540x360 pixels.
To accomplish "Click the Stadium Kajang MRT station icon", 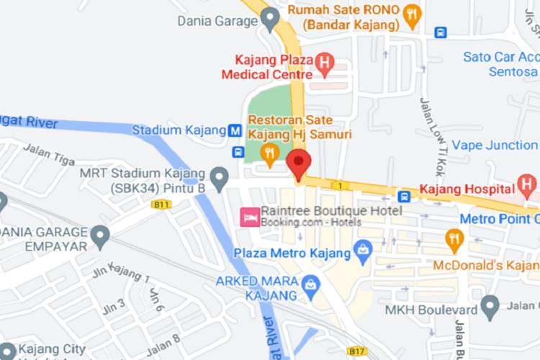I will click(x=235, y=131).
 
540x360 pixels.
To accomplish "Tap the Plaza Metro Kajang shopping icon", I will click(x=362, y=253).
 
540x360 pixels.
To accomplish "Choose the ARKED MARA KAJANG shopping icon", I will click(x=311, y=284).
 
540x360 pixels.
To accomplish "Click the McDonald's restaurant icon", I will click(x=454, y=238).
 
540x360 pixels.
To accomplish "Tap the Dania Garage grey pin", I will click(x=271, y=19).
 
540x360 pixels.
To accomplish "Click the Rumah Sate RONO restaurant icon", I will click(x=412, y=15).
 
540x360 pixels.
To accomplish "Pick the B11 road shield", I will click(x=163, y=205).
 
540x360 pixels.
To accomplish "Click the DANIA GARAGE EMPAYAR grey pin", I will click(x=99, y=235).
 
